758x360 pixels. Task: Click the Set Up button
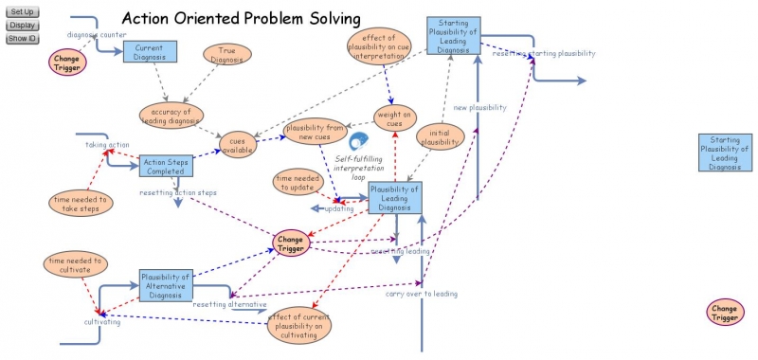(22, 10)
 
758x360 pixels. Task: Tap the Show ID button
(22, 38)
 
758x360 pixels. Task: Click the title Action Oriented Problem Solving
(242, 18)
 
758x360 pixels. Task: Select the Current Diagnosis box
(150, 52)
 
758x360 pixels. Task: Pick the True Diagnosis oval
(226, 54)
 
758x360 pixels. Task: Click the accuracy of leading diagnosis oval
(171, 115)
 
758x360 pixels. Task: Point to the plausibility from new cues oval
(315, 132)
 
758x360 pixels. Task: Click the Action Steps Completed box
(167, 167)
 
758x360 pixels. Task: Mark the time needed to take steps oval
(81, 203)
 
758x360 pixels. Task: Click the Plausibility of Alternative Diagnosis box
(166, 283)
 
